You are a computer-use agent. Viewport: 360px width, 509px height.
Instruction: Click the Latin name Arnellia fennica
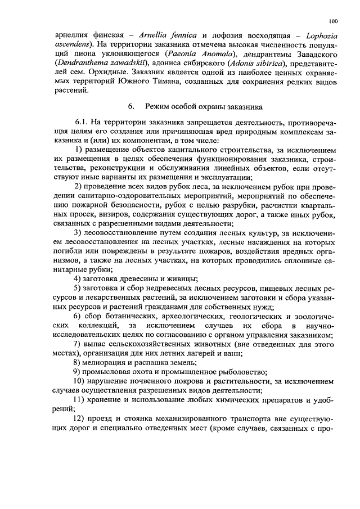pyautogui.click(x=178, y=37)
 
